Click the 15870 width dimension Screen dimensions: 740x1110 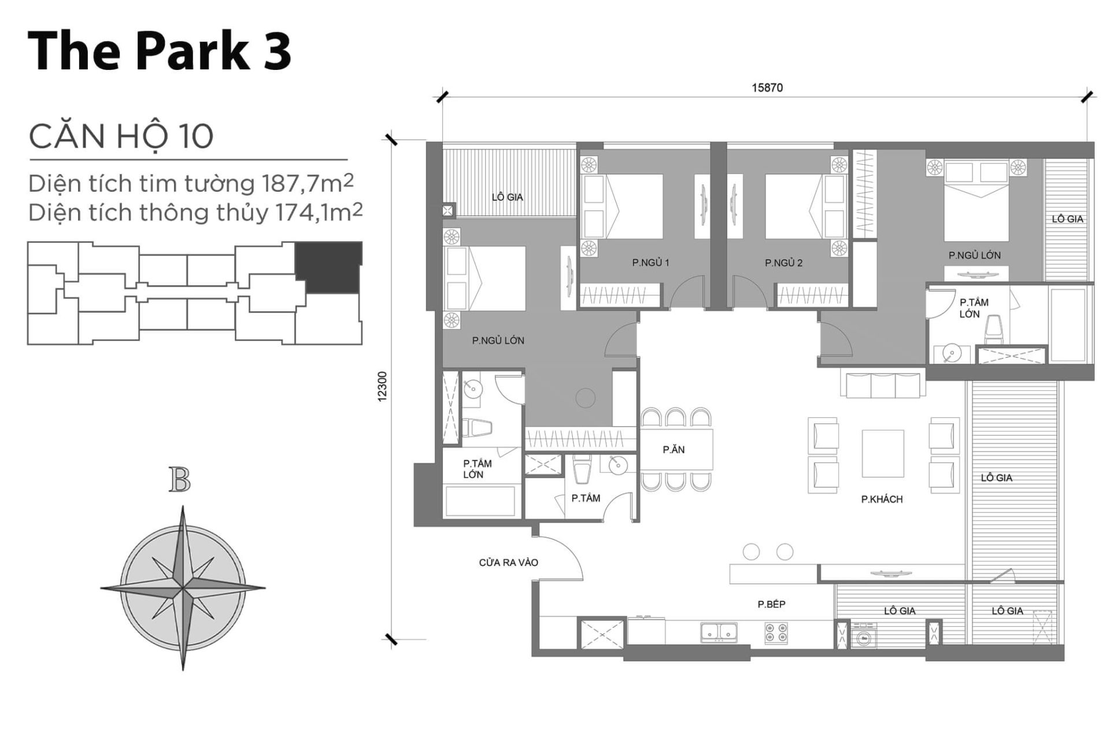[x=767, y=88]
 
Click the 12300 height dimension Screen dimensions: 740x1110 [x=382, y=386]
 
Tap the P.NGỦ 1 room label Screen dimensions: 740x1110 [x=650, y=262]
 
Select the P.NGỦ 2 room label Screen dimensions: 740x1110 [x=783, y=263]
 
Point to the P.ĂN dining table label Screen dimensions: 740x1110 [x=674, y=449]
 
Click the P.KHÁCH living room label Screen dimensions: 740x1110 [x=882, y=499]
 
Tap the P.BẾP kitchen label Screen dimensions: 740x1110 [x=771, y=604]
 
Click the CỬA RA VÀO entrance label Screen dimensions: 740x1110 [x=508, y=563]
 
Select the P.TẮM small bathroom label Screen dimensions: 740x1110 [x=586, y=498]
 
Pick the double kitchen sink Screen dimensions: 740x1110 [x=719, y=632]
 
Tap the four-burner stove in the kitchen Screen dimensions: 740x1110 [x=776, y=632]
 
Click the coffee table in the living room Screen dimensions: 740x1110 [x=883, y=453]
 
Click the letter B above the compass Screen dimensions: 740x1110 [x=180, y=480]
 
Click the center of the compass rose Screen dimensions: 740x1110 [x=183, y=589]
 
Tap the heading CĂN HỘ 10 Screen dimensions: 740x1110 [x=121, y=136]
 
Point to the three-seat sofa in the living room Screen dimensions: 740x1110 [x=882, y=386]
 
